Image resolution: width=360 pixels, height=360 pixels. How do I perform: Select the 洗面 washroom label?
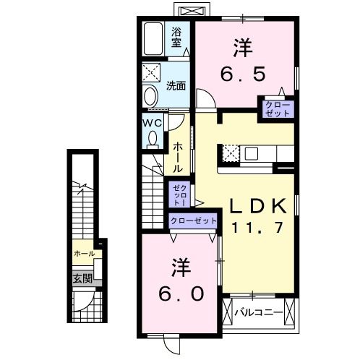coord(176,85)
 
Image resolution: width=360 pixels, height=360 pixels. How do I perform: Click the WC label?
coord(153,123)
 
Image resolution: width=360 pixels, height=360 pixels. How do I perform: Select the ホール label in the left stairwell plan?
coord(83,254)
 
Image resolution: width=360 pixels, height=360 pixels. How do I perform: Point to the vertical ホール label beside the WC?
coord(177,155)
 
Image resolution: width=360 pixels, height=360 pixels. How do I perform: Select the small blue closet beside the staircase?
coord(178,194)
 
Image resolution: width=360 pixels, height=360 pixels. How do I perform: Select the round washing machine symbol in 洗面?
coord(150,95)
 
